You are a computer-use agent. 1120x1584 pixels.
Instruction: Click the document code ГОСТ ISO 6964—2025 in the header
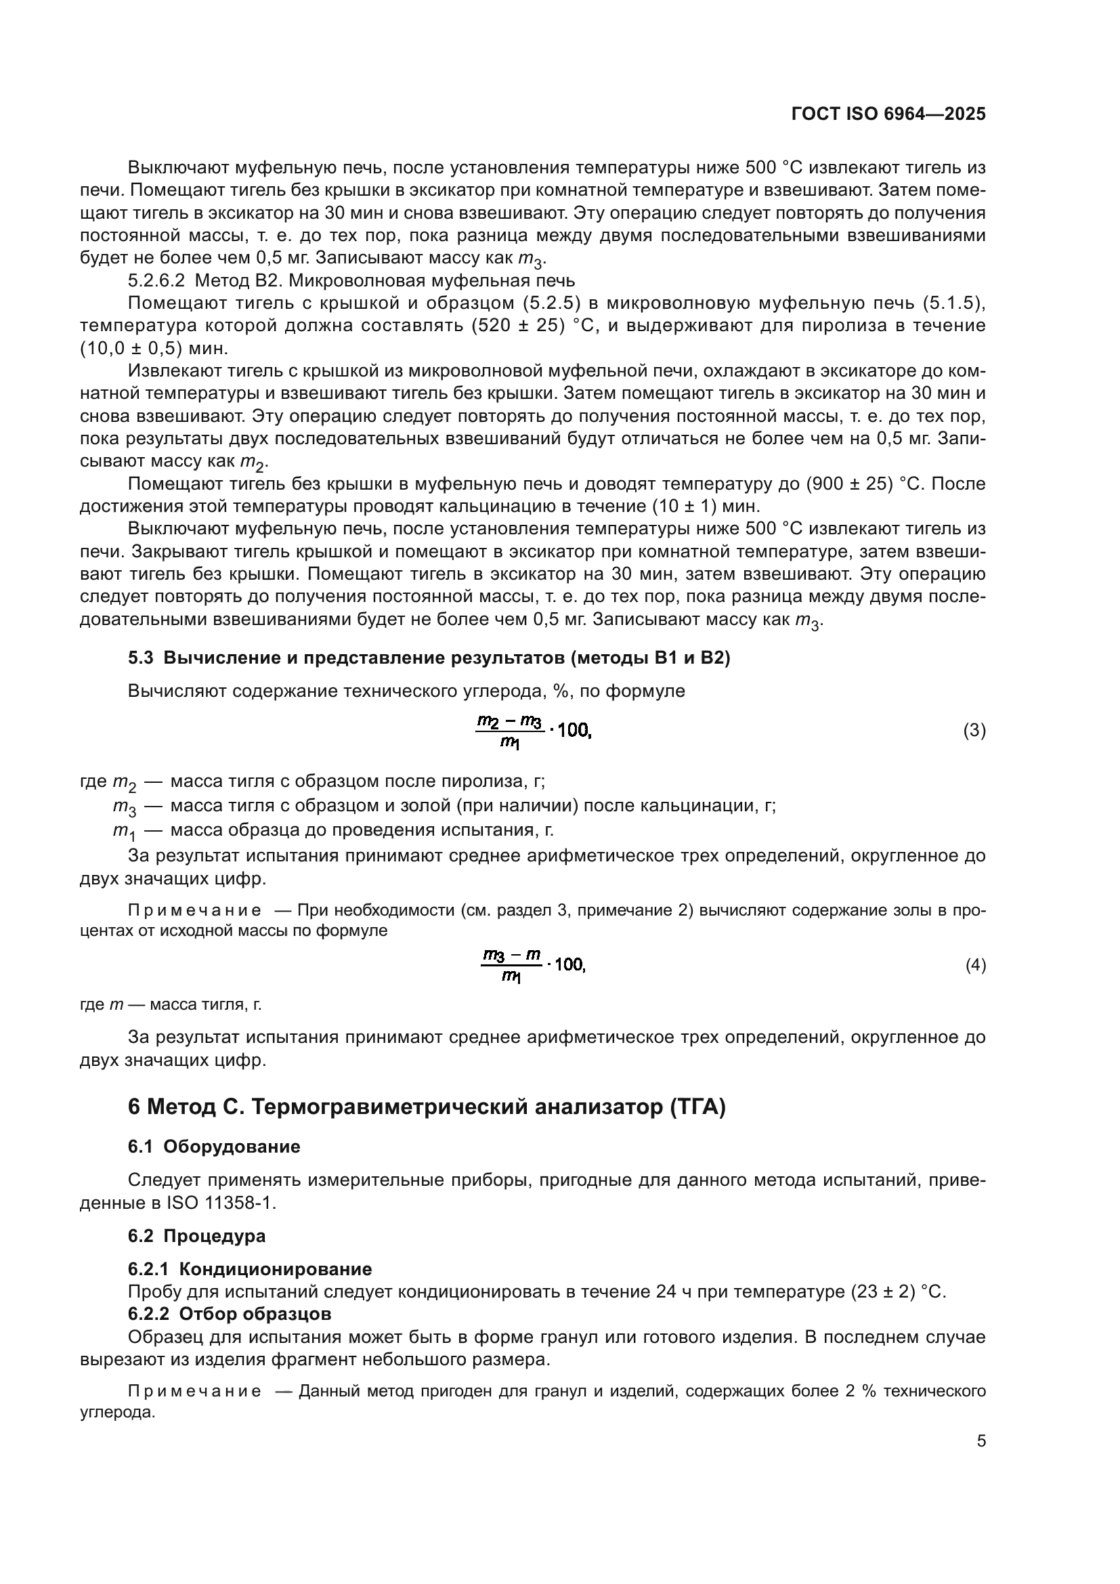[888, 114]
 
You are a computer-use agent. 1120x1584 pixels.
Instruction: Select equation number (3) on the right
[974, 731]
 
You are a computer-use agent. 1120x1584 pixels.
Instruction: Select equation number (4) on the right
[975, 965]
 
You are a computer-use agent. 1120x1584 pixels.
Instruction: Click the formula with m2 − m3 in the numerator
[533, 731]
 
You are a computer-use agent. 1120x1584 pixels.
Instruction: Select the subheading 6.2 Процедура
[196, 1236]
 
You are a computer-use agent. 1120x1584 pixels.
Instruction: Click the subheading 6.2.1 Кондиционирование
[250, 1268]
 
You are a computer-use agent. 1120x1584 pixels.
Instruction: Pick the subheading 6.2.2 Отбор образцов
[230, 1314]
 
